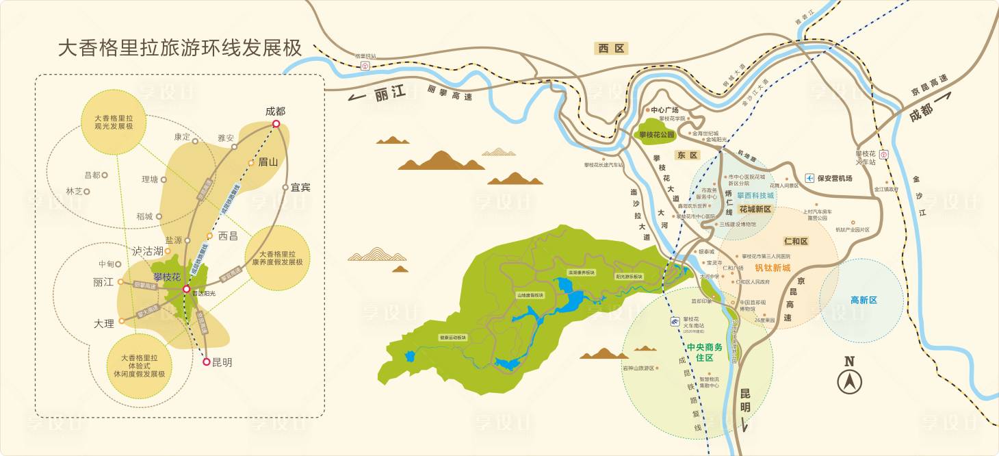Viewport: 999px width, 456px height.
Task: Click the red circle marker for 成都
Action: [x=276, y=124]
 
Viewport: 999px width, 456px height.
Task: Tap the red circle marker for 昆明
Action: [x=207, y=362]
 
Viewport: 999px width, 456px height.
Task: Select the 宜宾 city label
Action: [x=300, y=187]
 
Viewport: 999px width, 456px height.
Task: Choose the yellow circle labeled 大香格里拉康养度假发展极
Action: [x=276, y=257]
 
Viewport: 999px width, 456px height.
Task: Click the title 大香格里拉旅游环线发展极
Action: [x=179, y=49]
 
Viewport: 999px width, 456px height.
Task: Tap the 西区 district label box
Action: [x=612, y=48]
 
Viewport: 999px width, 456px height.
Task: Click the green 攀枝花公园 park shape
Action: [x=657, y=134]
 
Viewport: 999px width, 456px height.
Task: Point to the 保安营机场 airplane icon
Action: [x=810, y=178]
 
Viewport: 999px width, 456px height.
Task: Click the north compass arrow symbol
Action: [x=849, y=381]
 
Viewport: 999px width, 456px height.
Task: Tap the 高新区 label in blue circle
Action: [x=863, y=300]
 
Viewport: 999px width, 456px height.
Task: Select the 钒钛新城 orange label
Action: [x=773, y=268]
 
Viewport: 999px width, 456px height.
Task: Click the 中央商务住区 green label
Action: [x=704, y=352]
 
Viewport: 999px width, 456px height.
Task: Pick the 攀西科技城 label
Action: [x=755, y=195]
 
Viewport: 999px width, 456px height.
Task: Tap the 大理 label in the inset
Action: [x=104, y=323]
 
